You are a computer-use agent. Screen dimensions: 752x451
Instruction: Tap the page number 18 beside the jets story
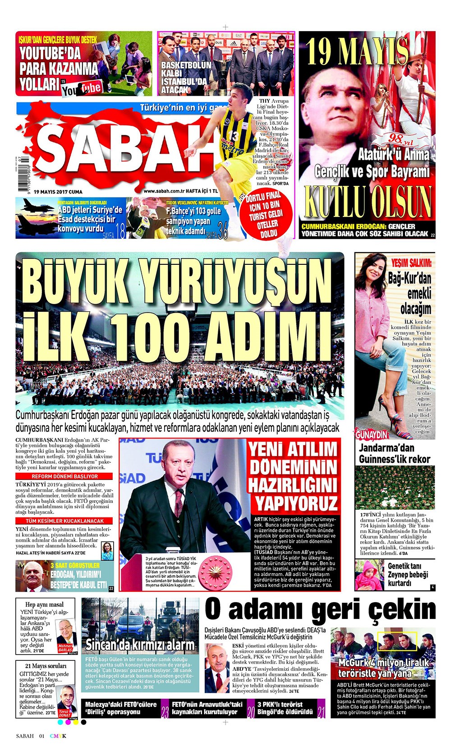coord(120,232)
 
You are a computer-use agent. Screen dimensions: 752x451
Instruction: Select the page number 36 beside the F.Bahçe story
coord(222,232)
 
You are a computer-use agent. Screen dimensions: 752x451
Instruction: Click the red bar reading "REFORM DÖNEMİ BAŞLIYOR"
coord(64,476)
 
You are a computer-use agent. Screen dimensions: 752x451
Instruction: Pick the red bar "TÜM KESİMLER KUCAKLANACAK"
coord(64,521)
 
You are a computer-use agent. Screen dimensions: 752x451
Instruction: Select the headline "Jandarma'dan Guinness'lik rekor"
coord(395,453)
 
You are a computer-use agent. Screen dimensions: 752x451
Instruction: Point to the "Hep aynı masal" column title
coord(44,604)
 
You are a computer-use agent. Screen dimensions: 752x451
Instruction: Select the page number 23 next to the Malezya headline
coord(165,712)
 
